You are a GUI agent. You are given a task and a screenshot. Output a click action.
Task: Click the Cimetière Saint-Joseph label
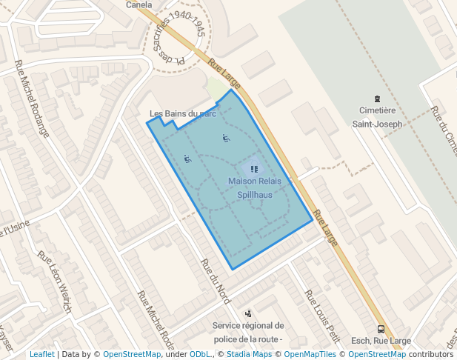378,117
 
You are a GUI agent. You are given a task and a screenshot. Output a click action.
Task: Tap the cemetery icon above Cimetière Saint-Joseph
378,99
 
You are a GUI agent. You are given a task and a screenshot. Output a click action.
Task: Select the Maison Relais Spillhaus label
255,188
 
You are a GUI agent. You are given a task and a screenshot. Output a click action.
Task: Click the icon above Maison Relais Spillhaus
255,169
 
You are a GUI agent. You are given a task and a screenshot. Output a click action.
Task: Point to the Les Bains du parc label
183,114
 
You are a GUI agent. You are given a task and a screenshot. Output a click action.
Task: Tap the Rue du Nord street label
216,282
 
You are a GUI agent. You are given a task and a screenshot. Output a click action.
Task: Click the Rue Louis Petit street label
323,318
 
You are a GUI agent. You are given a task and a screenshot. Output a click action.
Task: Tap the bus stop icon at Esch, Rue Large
381,329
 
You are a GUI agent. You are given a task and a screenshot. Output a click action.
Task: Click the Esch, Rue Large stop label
381,341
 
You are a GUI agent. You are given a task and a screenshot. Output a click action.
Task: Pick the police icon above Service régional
247,313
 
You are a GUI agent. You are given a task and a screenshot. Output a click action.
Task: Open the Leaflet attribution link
41,355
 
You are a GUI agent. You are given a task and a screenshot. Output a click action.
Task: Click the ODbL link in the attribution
200,355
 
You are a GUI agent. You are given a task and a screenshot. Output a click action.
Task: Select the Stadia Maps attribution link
249,355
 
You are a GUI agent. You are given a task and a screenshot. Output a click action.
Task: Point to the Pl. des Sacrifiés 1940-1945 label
177,33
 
